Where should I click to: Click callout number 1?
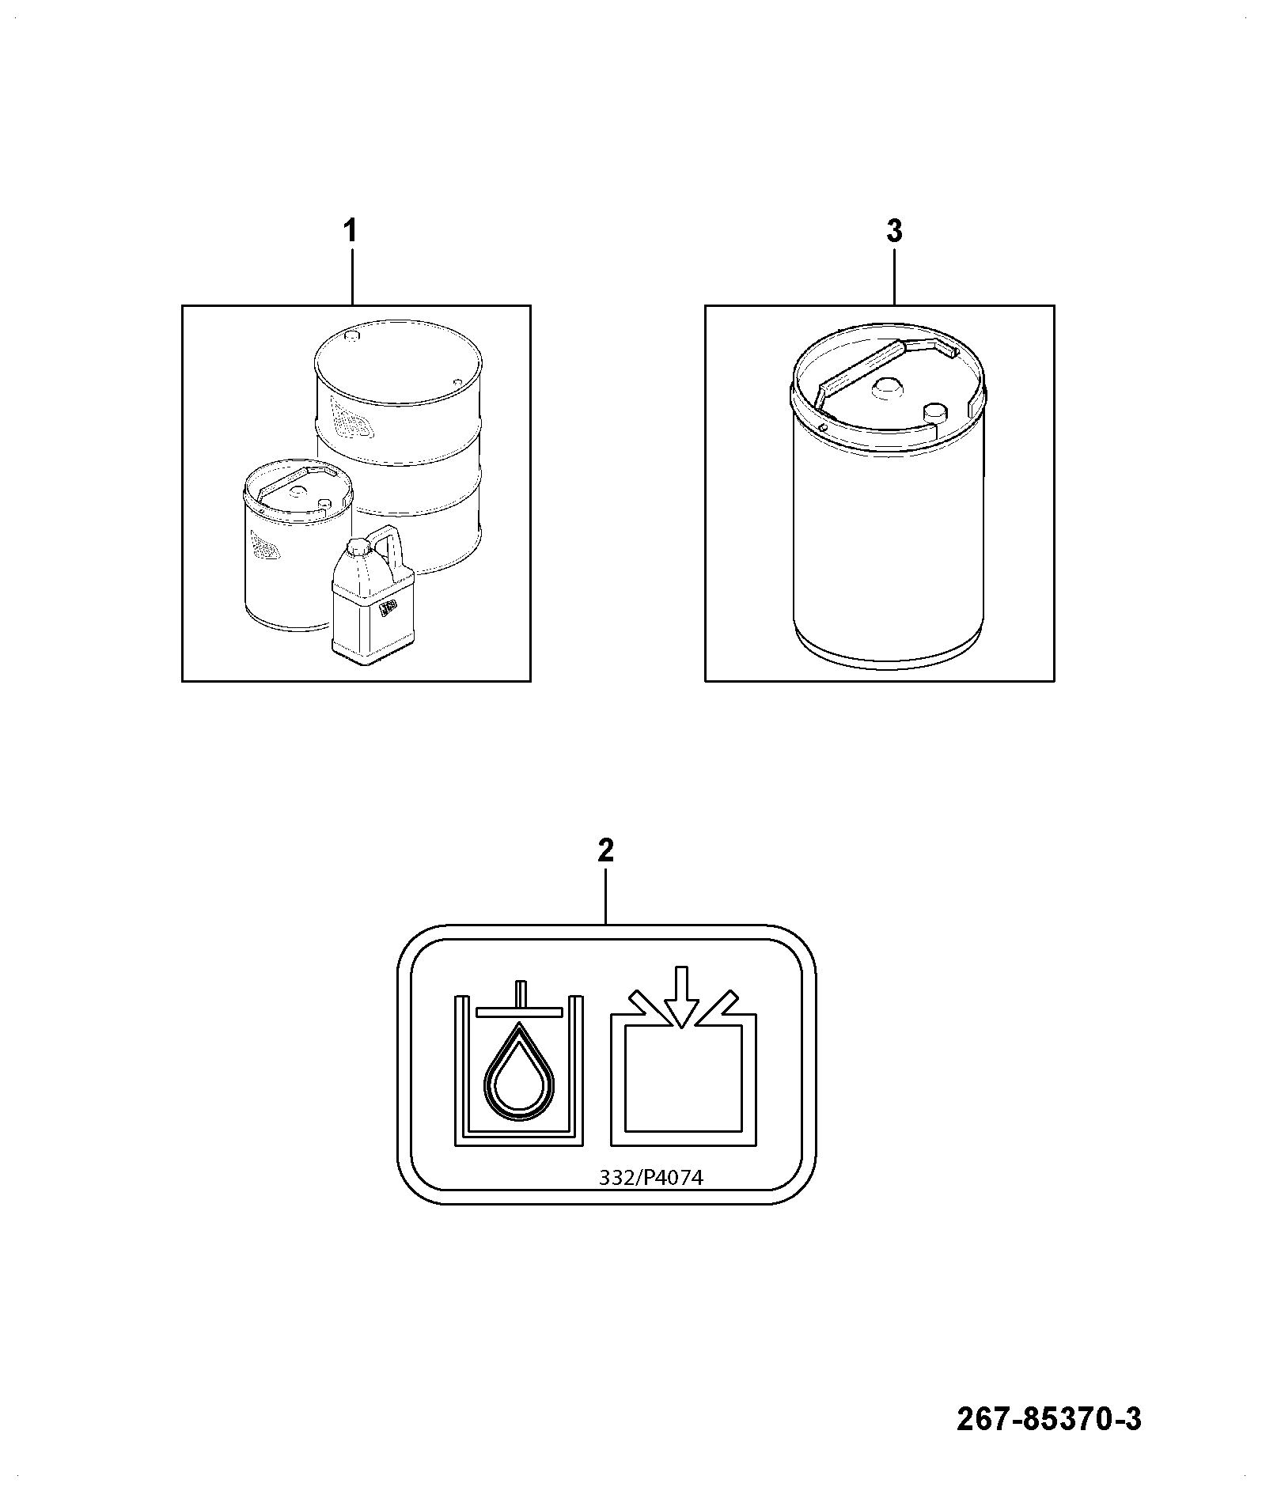pos(349,232)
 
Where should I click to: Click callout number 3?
pos(894,232)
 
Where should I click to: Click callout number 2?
pos(605,851)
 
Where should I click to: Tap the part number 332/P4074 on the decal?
pos(651,1200)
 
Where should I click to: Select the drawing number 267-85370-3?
pos(1050,1420)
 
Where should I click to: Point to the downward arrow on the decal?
pos(681,997)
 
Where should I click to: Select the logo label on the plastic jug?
pos(387,608)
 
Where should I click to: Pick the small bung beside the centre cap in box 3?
pos(936,412)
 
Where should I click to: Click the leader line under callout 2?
pos(605,895)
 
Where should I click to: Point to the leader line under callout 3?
pos(894,276)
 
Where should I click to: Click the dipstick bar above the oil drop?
pos(519,1010)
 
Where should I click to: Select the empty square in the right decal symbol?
pos(684,1078)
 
